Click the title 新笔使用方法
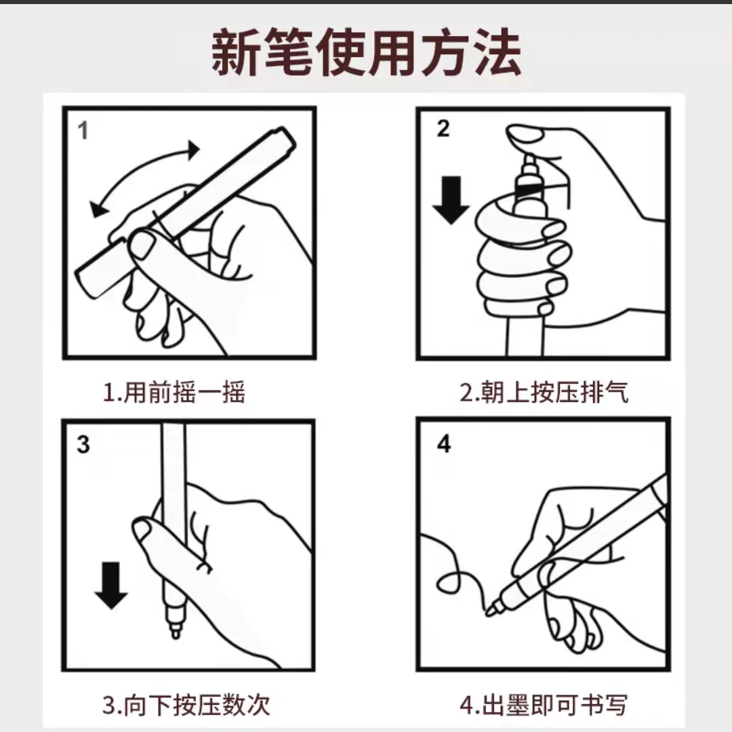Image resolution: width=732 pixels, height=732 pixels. (x=366, y=52)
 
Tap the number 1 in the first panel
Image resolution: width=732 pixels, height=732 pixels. (x=83, y=131)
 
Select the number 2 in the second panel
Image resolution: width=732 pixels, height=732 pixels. (x=443, y=128)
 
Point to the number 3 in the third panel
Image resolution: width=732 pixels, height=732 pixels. (x=83, y=445)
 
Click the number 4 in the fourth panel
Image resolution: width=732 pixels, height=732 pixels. (x=444, y=443)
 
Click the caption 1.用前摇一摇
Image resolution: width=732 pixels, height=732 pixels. (x=174, y=392)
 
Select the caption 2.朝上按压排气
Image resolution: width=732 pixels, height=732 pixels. (x=544, y=392)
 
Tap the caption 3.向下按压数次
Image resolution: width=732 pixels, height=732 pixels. (x=186, y=705)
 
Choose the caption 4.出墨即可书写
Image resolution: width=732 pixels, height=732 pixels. (x=544, y=705)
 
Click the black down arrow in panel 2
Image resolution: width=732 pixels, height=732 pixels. (x=451, y=200)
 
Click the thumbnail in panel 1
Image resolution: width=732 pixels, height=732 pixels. (x=142, y=244)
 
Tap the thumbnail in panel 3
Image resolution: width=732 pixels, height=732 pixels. (x=142, y=531)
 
